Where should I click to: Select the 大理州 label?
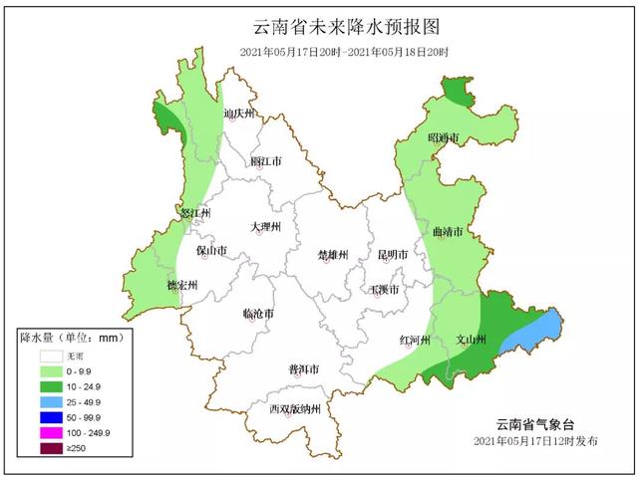(266, 227)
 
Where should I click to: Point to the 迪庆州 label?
(240, 114)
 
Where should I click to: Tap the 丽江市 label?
(266, 161)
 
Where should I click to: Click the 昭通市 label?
(442, 137)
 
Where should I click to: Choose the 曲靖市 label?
(448, 232)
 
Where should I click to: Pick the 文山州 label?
(470, 340)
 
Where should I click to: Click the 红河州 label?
(414, 340)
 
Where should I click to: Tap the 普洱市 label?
(303, 368)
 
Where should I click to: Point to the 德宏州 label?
(181, 286)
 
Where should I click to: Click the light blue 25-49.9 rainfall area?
(530, 333)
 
